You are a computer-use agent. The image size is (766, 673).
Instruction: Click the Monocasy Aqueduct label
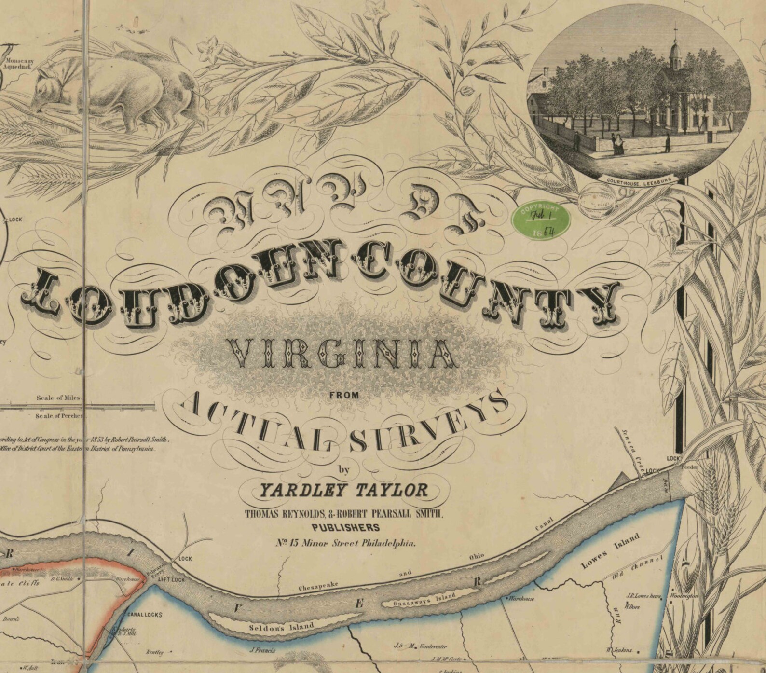pos(18,65)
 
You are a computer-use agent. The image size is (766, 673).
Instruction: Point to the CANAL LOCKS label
pos(144,615)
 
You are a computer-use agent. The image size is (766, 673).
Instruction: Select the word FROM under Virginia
pos(344,395)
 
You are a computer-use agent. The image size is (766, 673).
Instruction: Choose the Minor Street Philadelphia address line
pos(345,543)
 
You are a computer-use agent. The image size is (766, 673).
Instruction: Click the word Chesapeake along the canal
pos(318,586)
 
